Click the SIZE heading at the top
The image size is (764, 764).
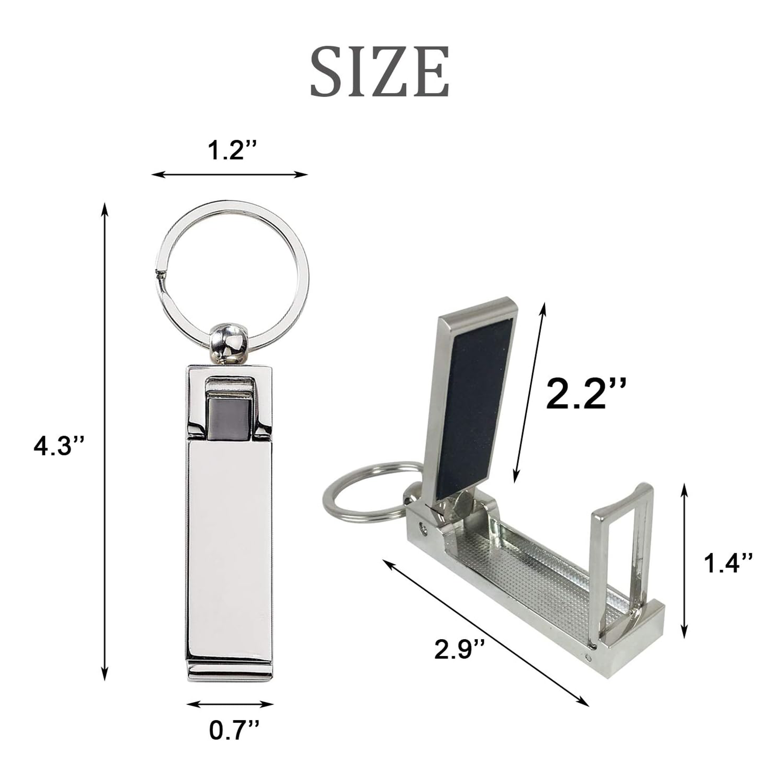tap(380, 71)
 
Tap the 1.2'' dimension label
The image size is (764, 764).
tap(232, 151)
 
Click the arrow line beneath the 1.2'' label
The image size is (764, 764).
tap(230, 175)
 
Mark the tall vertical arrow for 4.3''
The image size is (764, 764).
tap(105, 441)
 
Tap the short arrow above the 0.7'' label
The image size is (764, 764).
tap(230, 705)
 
